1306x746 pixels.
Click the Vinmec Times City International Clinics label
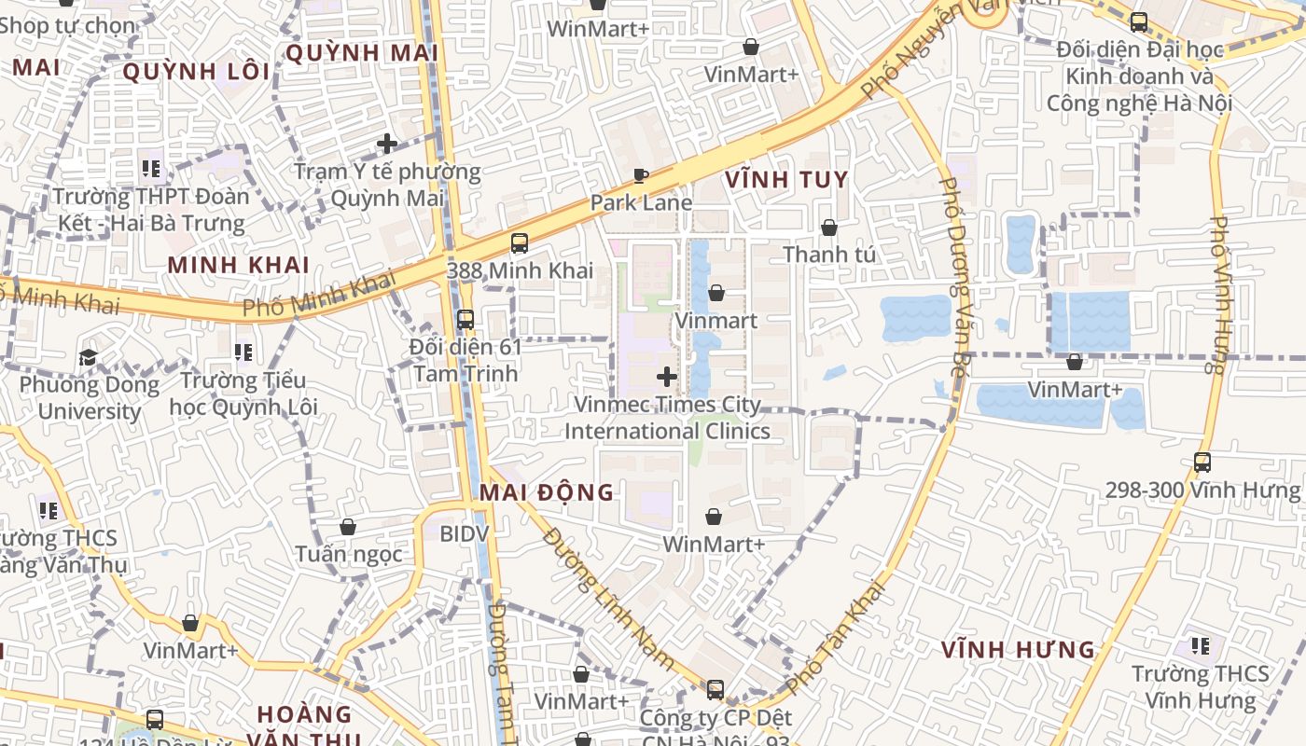click(667, 418)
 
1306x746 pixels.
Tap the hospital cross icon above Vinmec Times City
click(667, 377)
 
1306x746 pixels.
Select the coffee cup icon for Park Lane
click(641, 175)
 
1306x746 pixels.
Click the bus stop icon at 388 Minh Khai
click(520, 243)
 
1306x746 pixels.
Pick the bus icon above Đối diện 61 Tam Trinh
click(465, 319)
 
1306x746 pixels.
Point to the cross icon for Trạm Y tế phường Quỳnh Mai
click(387, 144)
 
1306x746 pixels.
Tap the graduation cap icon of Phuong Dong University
click(88, 357)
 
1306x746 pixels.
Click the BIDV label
click(464, 533)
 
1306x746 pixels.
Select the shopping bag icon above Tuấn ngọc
click(348, 527)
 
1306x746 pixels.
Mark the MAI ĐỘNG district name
click(547, 492)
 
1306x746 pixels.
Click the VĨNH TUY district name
click(786, 180)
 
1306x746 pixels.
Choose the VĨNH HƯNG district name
click(1018, 649)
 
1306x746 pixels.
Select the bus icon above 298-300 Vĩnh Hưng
click(1202, 462)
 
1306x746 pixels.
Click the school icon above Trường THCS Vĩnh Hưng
click(1201, 645)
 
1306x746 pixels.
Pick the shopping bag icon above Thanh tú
click(828, 227)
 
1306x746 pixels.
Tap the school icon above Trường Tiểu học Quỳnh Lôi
click(243, 352)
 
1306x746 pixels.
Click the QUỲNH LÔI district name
click(196, 72)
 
